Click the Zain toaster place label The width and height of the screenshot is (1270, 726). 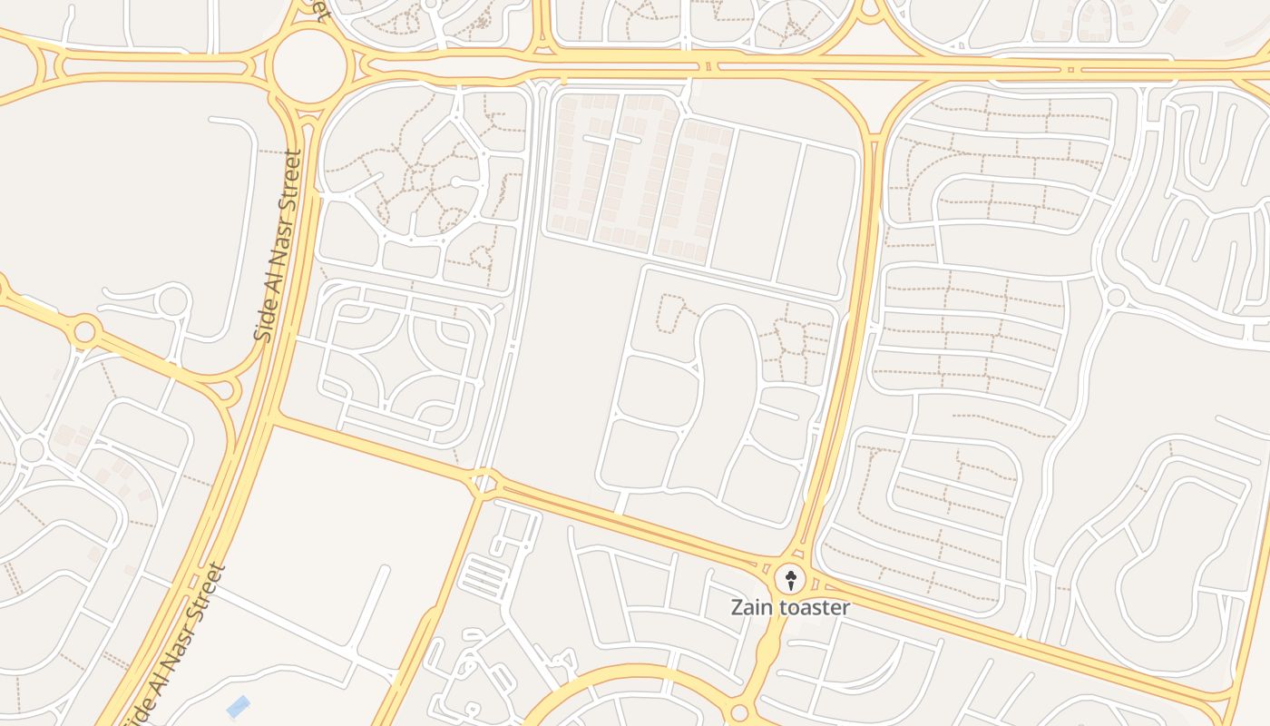790,607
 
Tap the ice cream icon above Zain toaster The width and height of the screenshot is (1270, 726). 790,579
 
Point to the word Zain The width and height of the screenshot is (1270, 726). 751,607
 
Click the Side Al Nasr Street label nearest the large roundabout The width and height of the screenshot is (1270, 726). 278,245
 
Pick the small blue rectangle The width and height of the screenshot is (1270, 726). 238,706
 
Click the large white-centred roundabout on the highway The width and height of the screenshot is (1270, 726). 309,65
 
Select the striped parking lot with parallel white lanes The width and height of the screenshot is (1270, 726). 484,577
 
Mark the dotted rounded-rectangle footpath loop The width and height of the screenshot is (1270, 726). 670,313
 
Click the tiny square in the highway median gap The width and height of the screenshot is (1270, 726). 1070,69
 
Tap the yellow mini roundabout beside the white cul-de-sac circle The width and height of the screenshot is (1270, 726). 84,331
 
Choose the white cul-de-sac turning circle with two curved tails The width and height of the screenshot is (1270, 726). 172,301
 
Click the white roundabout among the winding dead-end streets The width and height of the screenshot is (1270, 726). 1116,297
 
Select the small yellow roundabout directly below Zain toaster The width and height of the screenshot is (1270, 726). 739,713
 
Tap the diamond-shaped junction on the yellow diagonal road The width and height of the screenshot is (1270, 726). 484,482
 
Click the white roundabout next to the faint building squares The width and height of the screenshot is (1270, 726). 32,448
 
